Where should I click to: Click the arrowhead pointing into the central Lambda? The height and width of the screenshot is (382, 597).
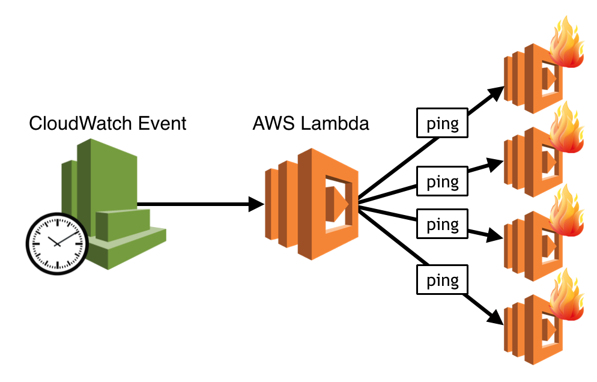(x=257, y=205)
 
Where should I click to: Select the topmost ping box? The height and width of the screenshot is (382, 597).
(x=443, y=124)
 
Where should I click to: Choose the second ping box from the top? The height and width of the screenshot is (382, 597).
(x=443, y=181)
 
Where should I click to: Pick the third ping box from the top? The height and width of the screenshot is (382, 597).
(x=443, y=225)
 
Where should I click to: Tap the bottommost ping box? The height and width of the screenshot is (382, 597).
(x=443, y=280)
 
